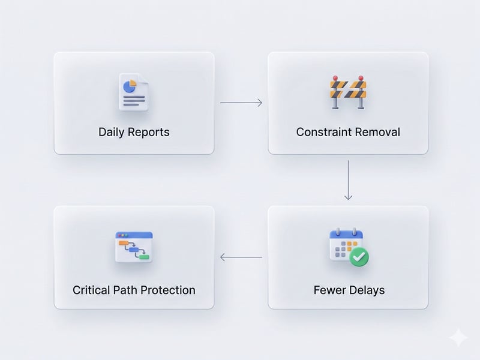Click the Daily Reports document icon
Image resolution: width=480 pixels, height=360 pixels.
tap(133, 92)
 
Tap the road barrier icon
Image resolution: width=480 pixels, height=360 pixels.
tap(347, 92)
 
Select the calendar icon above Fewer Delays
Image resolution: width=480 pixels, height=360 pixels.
tap(347, 246)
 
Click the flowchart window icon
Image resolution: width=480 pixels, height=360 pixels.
tap(133, 247)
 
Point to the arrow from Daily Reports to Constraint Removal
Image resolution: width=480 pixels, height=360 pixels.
tap(241, 103)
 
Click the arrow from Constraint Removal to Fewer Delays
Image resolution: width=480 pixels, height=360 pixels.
tap(348, 180)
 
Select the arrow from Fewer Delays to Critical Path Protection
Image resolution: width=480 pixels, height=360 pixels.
tap(241, 257)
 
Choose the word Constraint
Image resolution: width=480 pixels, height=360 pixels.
tap(322, 132)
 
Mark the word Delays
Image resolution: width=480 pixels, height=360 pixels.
tap(366, 290)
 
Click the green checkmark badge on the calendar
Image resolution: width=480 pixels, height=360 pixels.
tap(359, 257)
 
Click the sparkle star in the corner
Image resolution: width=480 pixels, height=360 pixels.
tap(458, 337)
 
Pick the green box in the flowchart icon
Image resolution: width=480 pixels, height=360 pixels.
tap(143, 257)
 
